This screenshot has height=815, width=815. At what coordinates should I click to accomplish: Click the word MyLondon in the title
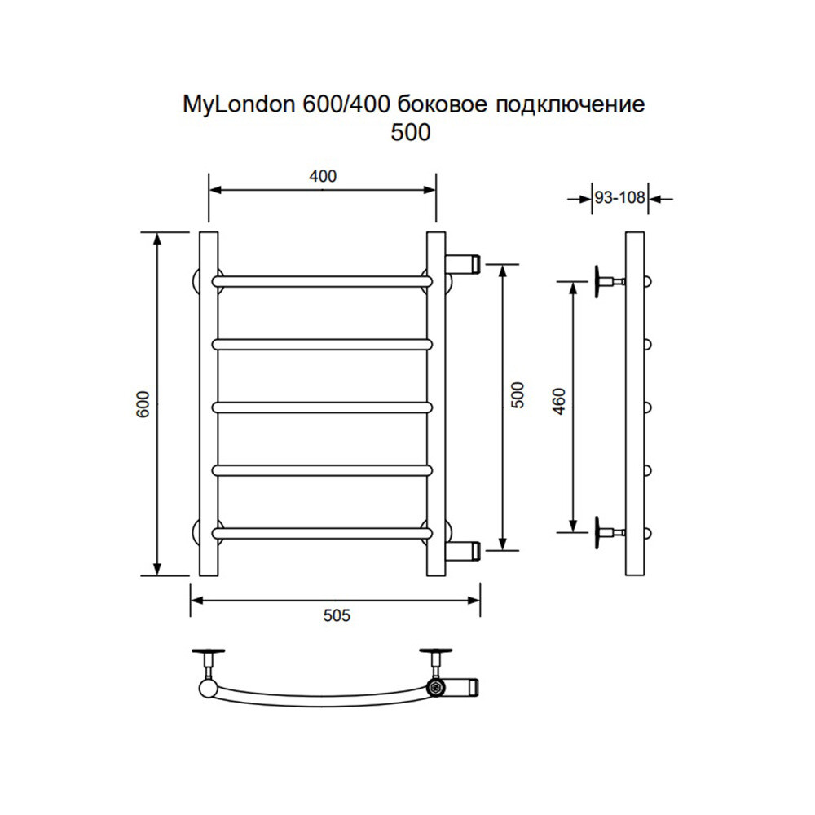point(239,105)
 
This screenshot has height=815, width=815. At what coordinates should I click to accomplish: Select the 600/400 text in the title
point(346,104)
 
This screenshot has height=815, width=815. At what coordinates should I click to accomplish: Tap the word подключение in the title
point(570,105)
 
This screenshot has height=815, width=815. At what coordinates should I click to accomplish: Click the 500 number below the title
point(411,133)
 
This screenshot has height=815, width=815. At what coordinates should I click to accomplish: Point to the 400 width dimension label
point(323,176)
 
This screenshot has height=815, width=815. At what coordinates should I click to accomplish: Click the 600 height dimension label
point(143,404)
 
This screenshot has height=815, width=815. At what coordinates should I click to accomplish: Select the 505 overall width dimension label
point(337,615)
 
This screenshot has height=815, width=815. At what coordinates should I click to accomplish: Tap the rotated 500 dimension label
point(518,395)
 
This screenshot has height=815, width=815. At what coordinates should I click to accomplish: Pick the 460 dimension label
point(559,401)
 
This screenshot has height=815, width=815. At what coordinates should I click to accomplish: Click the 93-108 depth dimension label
point(619,197)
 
